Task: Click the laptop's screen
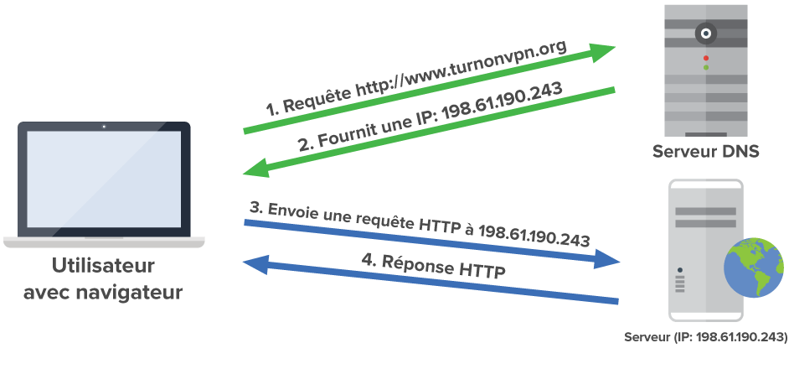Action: (104, 180)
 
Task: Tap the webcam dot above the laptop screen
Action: (104, 127)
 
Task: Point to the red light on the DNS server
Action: (706, 58)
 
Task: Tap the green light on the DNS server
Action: (706, 67)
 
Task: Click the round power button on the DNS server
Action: (706, 34)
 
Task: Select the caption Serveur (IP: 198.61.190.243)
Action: (706, 337)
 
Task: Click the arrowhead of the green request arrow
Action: (603, 52)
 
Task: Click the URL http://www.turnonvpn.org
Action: (462, 72)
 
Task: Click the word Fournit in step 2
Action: (345, 134)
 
